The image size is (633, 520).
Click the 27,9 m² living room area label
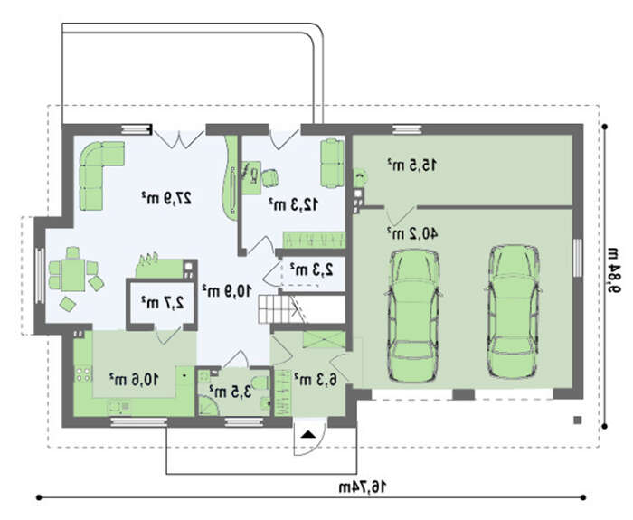coord(165,197)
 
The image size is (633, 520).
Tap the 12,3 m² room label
coord(294,204)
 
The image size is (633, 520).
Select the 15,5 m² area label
coord(412,165)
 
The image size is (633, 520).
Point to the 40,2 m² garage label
coord(412,233)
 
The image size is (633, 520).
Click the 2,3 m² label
coord(311,269)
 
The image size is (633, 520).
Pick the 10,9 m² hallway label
coord(226,290)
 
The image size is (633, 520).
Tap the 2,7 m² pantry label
coord(162,302)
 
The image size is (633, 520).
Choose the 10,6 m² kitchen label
coord(134,380)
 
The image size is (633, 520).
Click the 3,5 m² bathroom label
coord(230,391)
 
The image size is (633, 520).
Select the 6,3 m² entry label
coord(315,380)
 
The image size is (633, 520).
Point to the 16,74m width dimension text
coord(362,487)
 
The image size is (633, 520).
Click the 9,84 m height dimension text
coord(614,269)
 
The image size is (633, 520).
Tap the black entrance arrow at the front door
coord(309,434)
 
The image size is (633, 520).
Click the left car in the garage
coord(413,316)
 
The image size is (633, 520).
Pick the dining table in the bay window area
coord(73,275)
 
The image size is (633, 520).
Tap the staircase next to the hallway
coord(282,309)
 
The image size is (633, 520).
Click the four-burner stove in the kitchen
coord(83,374)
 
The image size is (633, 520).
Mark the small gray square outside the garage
coord(578,421)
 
